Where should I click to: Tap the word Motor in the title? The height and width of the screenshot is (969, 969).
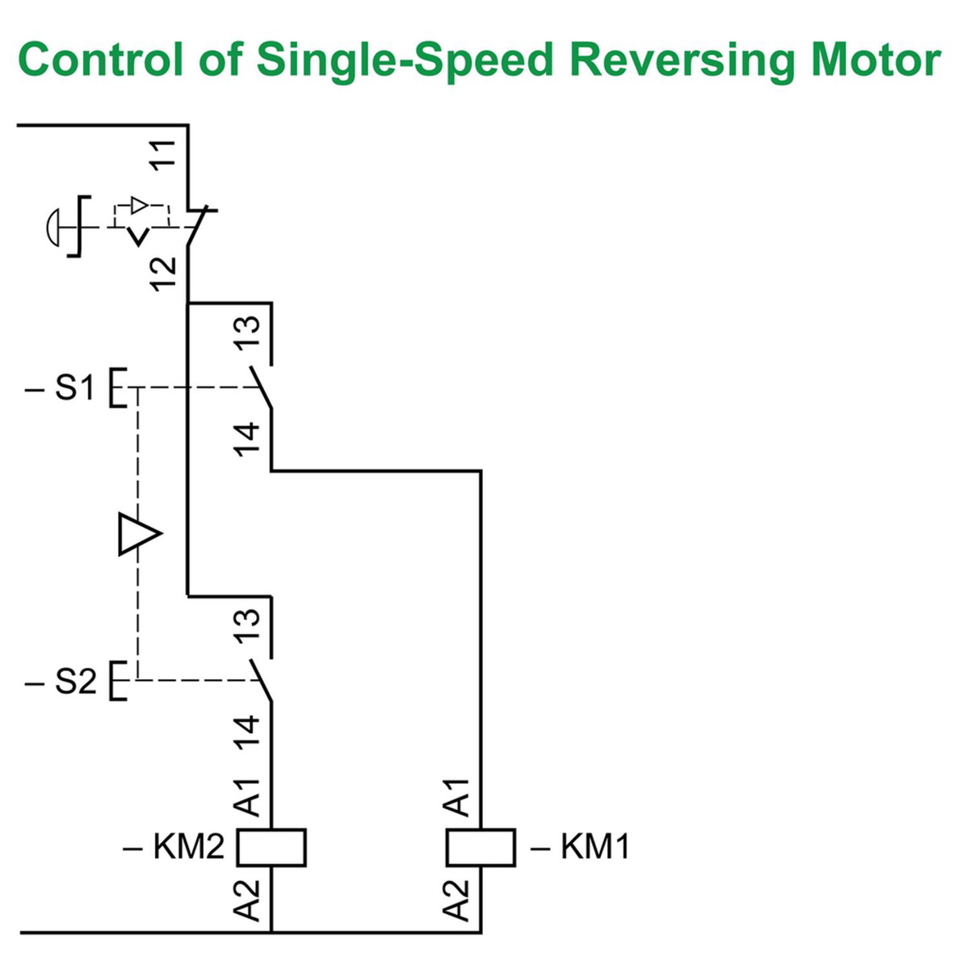coord(875,59)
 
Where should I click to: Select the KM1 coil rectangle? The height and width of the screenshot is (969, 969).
coord(481,848)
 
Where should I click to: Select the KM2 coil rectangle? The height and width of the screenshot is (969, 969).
coord(271,848)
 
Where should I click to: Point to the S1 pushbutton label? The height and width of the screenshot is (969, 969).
coord(74,388)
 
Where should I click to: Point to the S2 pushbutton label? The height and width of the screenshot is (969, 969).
coord(74,682)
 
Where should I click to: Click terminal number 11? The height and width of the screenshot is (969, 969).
coord(164,154)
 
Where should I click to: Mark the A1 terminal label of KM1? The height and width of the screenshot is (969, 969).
coord(457,797)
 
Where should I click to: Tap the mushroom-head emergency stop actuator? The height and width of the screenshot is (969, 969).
coord(52,227)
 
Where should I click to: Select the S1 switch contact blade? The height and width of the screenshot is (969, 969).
coord(261,388)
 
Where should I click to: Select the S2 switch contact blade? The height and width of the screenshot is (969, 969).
coord(261,680)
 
